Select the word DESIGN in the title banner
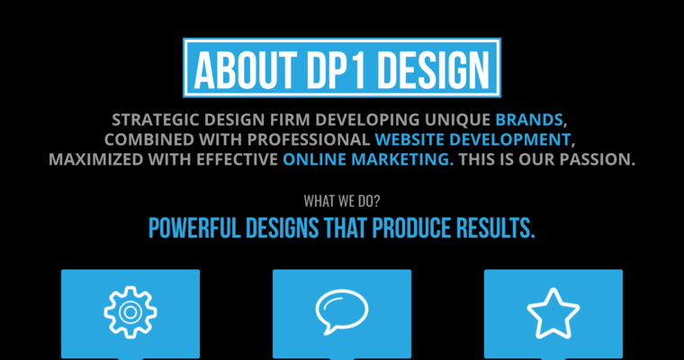433,67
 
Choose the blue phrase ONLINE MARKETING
367,160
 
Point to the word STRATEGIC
154,119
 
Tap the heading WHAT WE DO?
341,200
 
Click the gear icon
130,310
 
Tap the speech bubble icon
342,310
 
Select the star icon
553,311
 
